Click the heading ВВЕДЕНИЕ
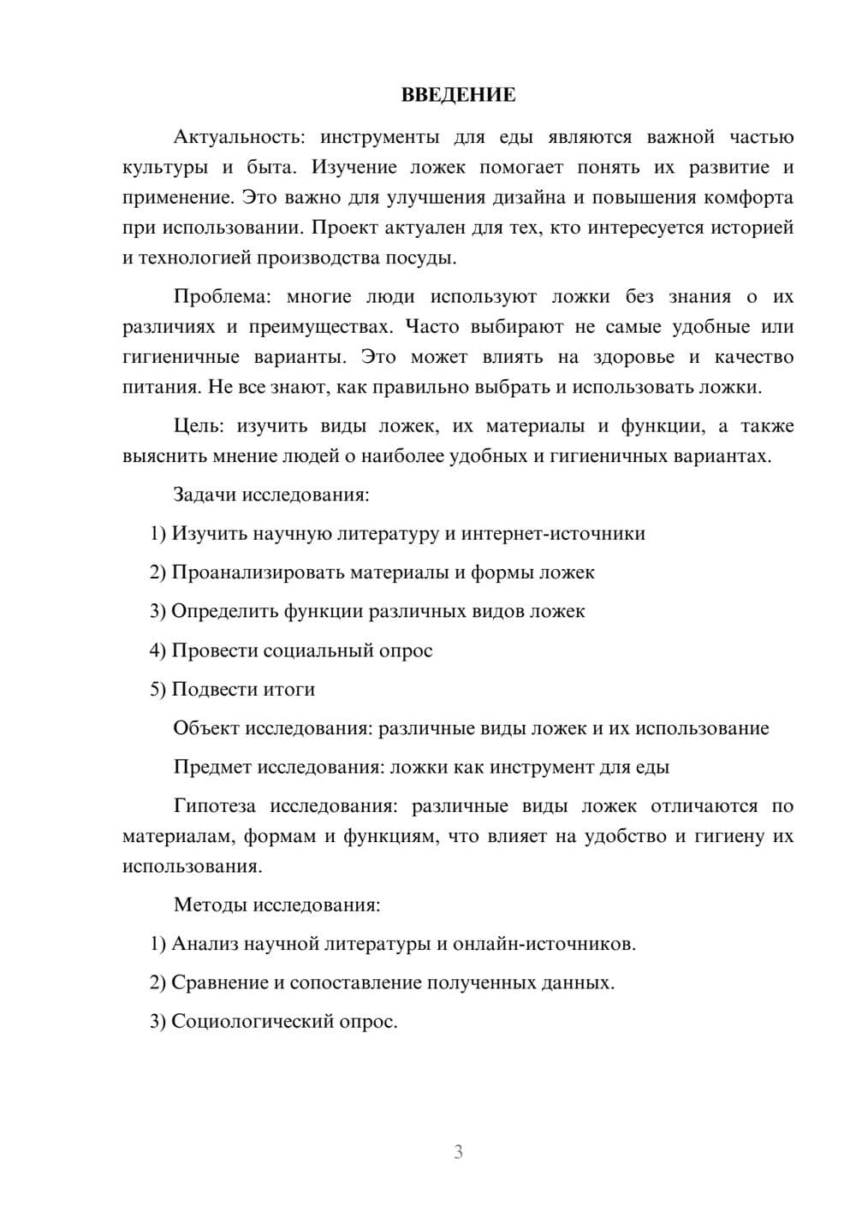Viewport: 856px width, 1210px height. tap(458, 95)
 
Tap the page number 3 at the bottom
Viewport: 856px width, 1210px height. tap(458, 1152)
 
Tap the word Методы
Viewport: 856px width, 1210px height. tap(209, 905)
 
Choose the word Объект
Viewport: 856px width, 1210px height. tap(206, 728)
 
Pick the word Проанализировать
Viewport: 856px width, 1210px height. tap(258, 572)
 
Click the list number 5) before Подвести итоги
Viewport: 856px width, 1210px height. tap(158, 690)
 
